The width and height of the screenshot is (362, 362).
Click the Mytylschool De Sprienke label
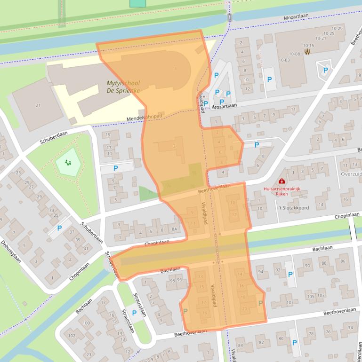pos(123,87)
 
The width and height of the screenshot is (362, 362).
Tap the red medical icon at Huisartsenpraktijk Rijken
pos(282,181)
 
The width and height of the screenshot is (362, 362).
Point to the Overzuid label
pos(351,173)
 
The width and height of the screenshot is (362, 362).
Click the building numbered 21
pos(38,105)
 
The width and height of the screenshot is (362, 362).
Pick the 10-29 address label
pos(337,29)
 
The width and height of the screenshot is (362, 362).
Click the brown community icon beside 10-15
pos(307,52)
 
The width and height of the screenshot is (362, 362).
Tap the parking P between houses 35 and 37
pos(59,228)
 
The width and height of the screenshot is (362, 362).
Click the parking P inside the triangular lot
pos(325,71)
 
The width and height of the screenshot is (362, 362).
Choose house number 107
pos(290,302)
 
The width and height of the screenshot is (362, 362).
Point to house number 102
pos(72,336)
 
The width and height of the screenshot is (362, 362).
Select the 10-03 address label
pos(284,60)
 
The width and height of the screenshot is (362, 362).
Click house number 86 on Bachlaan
pos(343,261)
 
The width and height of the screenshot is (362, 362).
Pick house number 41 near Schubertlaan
pos(86,248)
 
